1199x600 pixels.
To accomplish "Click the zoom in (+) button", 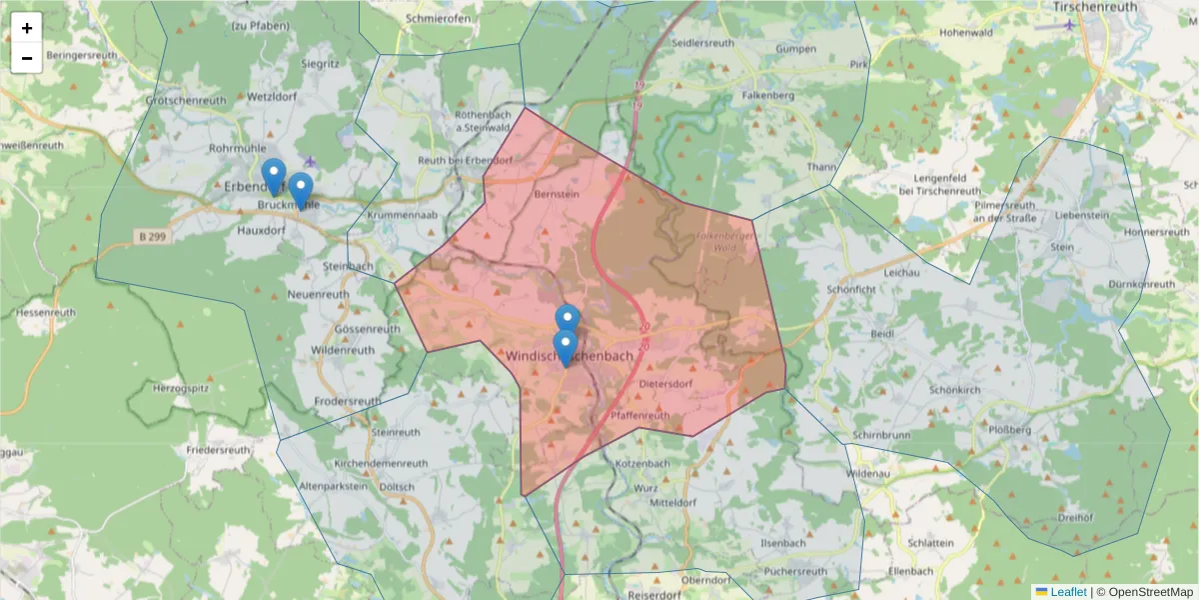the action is [27, 28].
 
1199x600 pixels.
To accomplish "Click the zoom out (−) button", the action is [27, 58].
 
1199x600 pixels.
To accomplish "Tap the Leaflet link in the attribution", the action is [1067, 592].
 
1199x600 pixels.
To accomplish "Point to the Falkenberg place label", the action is [767, 95].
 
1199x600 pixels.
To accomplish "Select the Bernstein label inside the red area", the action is [557, 194].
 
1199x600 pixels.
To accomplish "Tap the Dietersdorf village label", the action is [665, 383].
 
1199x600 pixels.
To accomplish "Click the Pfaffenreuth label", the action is [639, 415].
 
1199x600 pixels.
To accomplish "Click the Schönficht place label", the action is [850, 288].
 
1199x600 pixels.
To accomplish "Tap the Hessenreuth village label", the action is [46, 312].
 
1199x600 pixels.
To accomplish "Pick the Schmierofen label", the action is [439, 18].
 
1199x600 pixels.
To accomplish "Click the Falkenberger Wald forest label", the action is [725, 241].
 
